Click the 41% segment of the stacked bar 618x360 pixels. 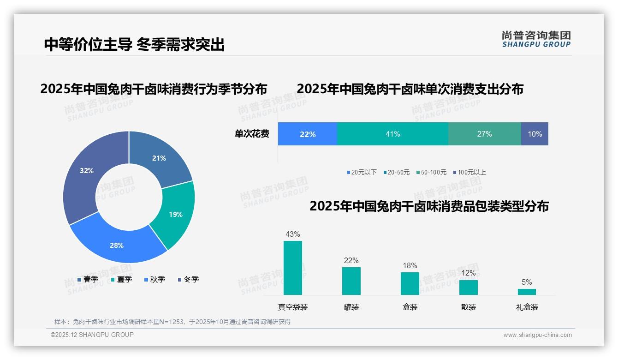click(x=392, y=134)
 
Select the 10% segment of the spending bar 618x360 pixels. click(x=535, y=134)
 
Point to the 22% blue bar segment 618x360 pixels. click(x=308, y=134)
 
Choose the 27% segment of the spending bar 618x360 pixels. click(x=484, y=134)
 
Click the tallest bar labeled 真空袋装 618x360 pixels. click(x=293, y=268)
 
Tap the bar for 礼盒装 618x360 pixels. click(x=527, y=292)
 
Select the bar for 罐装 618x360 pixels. click(x=351, y=281)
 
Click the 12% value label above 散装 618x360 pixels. click(x=469, y=273)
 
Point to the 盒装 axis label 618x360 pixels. click(x=410, y=307)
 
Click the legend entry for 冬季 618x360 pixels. click(x=188, y=279)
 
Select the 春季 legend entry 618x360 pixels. click(x=88, y=279)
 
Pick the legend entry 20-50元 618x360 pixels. click(x=396, y=173)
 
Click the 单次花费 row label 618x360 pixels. click(x=252, y=134)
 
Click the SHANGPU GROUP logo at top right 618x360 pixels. click(x=536, y=39)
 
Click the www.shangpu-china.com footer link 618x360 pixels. click(x=537, y=335)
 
